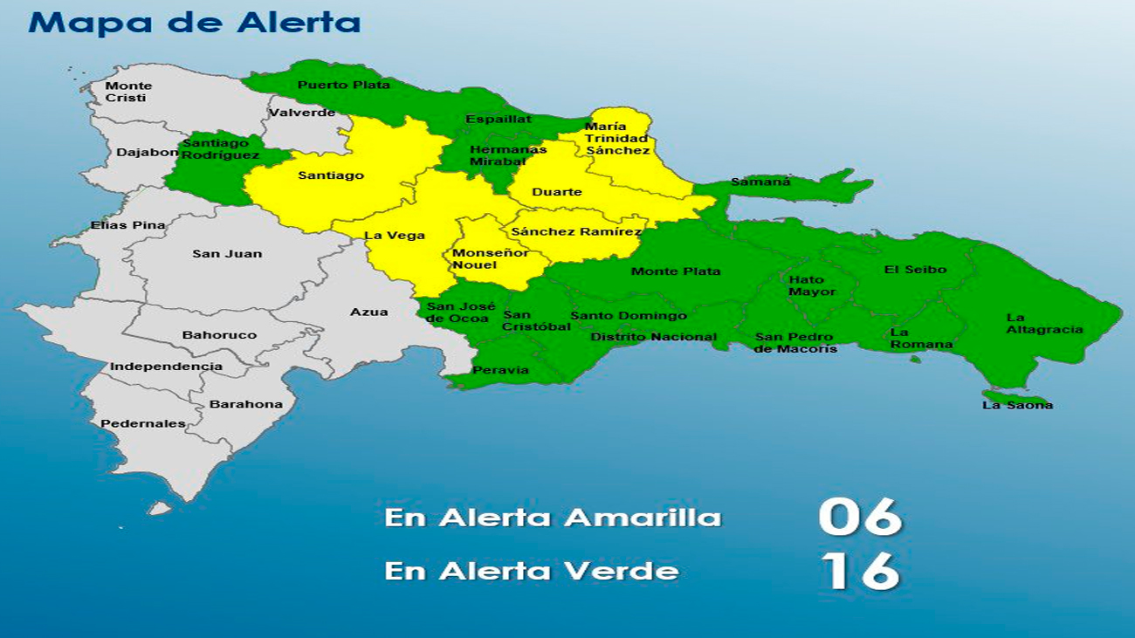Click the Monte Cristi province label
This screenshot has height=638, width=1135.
click(128, 92)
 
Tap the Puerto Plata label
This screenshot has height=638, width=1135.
click(343, 85)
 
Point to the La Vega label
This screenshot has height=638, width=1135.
click(395, 236)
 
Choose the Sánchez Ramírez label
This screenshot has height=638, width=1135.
click(576, 231)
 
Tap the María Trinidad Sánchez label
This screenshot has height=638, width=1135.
click(617, 139)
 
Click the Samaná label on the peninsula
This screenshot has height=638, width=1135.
click(760, 182)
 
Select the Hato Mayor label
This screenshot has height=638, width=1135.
click(812, 286)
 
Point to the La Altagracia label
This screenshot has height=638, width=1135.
click(1044, 324)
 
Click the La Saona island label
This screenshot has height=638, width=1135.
click(1017, 405)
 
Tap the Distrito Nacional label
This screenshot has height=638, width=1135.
click(653, 337)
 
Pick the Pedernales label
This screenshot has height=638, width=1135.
click(143, 424)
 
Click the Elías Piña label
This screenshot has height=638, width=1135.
click(127, 225)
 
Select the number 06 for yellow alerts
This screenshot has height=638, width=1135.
click(859, 517)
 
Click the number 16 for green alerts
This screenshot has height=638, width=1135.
click(859, 572)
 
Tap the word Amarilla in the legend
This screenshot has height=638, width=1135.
click(643, 518)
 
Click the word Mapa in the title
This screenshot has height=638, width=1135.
click(76, 23)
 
